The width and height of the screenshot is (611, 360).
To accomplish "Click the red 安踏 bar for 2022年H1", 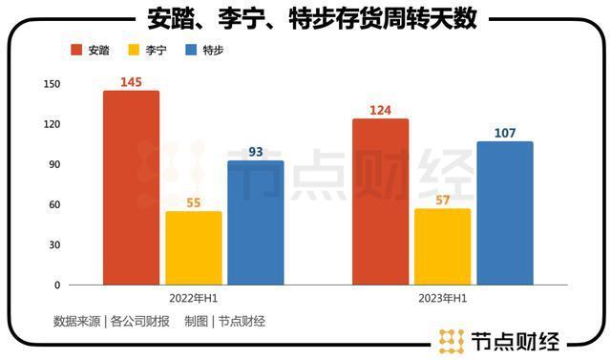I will click(132, 187).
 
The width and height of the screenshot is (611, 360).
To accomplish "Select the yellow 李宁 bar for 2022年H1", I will click(194, 247).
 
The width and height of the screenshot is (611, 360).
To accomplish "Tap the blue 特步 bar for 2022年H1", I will click(255, 222).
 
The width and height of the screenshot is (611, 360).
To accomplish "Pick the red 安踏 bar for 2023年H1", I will click(380, 201).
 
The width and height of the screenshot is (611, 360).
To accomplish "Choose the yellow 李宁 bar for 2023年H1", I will click(442, 246).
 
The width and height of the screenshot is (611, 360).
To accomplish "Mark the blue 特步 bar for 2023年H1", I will click(505, 213).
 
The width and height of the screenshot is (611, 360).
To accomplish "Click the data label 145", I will click(132, 82).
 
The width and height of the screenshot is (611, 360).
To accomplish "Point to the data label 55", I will click(194, 202).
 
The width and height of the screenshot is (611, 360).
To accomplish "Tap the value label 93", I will click(255, 152).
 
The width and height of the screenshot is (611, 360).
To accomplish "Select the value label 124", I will click(380, 110).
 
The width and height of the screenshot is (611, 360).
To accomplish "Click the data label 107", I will click(505, 133).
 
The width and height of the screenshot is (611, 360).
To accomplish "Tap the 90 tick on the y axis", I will click(54, 164).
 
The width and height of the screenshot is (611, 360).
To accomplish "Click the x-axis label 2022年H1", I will click(194, 298).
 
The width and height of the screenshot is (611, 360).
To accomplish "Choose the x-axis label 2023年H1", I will click(442, 298).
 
